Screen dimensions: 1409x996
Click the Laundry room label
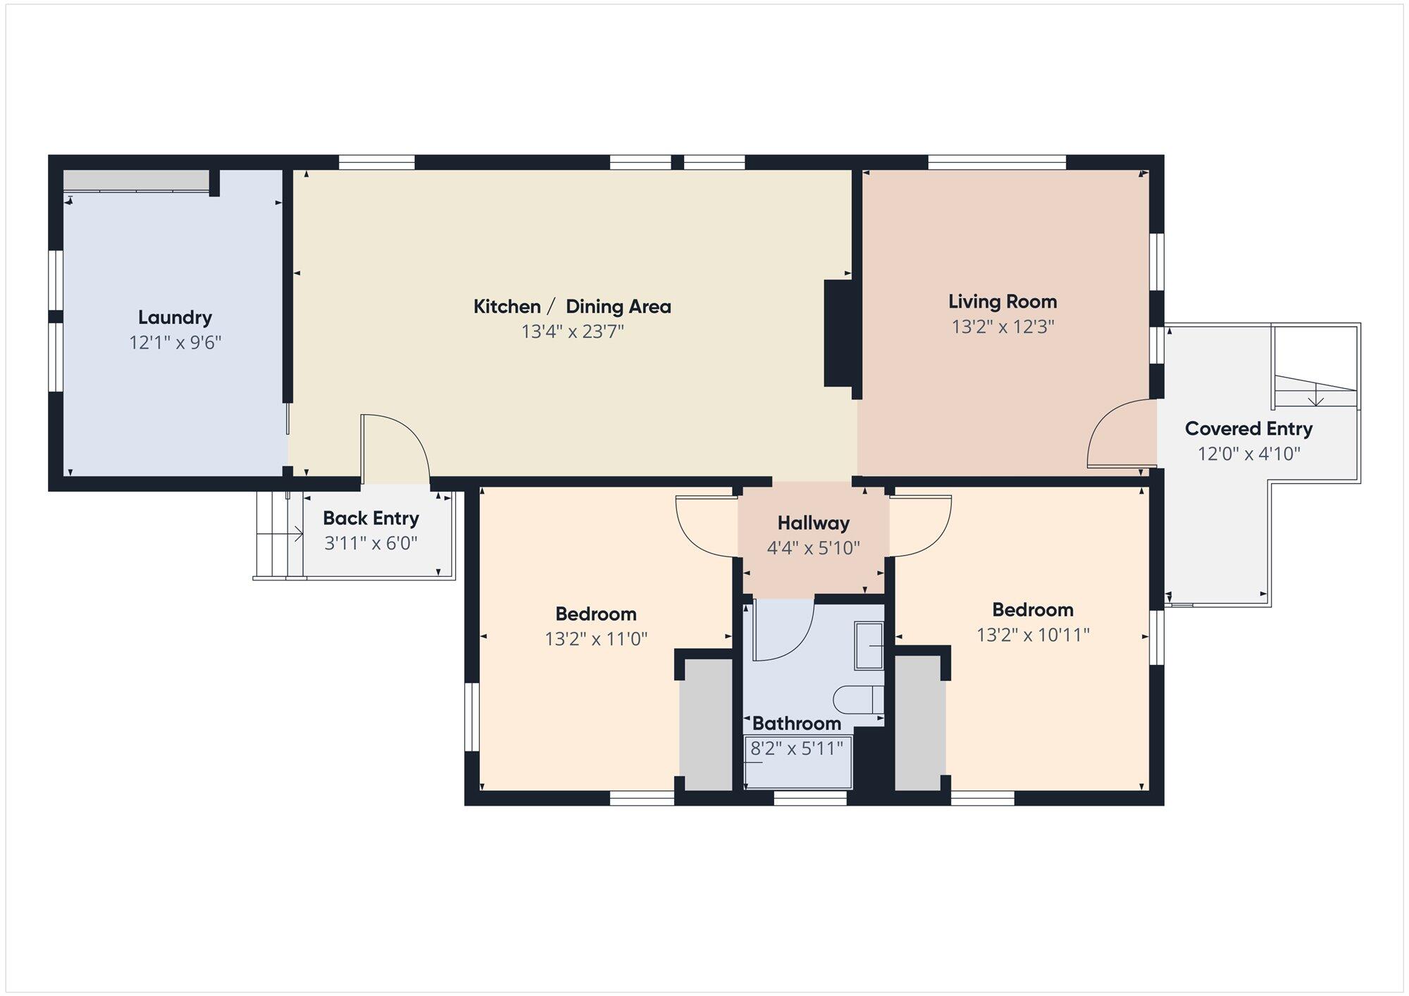point(175,318)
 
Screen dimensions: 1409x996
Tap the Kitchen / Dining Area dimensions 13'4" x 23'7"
point(573,331)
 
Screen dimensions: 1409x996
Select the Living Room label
point(1003,301)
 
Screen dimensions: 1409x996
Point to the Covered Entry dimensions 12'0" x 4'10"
point(1249,454)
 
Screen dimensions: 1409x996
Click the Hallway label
point(814,523)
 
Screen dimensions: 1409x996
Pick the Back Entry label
point(371,518)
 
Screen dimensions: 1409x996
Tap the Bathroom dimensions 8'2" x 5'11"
point(797,748)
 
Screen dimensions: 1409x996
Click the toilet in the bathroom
point(858,699)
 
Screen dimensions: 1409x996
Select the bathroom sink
point(869,645)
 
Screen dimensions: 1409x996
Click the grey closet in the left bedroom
point(706,724)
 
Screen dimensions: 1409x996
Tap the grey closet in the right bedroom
point(918,723)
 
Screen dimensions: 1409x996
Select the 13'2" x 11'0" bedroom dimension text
point(596,639)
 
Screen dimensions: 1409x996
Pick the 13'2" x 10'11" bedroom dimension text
point(1033,635)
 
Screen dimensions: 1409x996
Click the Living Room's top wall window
point(997,163)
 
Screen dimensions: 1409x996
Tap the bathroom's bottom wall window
point(810,798)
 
